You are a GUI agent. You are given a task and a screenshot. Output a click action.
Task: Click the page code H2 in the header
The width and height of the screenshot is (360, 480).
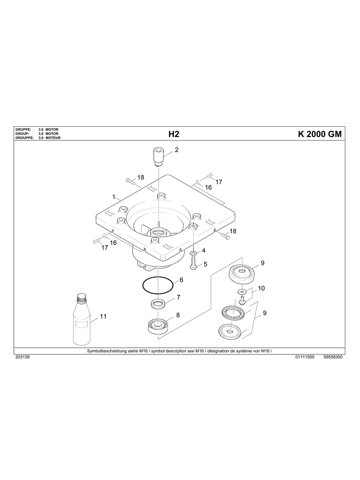point(174,134)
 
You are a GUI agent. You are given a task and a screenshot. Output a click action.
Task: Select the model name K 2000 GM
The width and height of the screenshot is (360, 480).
point(319,134)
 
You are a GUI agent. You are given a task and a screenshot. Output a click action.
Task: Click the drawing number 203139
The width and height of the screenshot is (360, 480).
point(23,357)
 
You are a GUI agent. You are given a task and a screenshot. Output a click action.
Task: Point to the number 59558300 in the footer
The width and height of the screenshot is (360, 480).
point(333,357)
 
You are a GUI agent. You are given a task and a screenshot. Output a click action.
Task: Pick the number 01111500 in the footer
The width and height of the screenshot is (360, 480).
point(305,357)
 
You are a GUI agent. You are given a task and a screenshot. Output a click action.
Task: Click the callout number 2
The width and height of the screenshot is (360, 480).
point(176,150)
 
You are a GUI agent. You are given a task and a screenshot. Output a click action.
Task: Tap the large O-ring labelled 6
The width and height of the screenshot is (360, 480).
point(158,285)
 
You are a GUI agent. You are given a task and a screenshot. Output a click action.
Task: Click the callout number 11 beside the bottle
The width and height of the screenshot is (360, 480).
point(103,317)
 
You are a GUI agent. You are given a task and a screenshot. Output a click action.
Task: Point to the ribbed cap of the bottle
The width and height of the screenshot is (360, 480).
point(82,298)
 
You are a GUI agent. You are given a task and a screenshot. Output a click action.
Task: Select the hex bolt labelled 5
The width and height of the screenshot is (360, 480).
point(194,263)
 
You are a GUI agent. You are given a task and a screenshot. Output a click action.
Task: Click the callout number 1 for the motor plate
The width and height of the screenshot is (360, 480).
point(114,197)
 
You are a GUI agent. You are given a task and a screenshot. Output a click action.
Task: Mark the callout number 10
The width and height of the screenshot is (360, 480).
point(261,288)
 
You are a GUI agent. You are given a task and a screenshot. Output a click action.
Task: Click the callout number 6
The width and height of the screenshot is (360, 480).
point(181,280)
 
